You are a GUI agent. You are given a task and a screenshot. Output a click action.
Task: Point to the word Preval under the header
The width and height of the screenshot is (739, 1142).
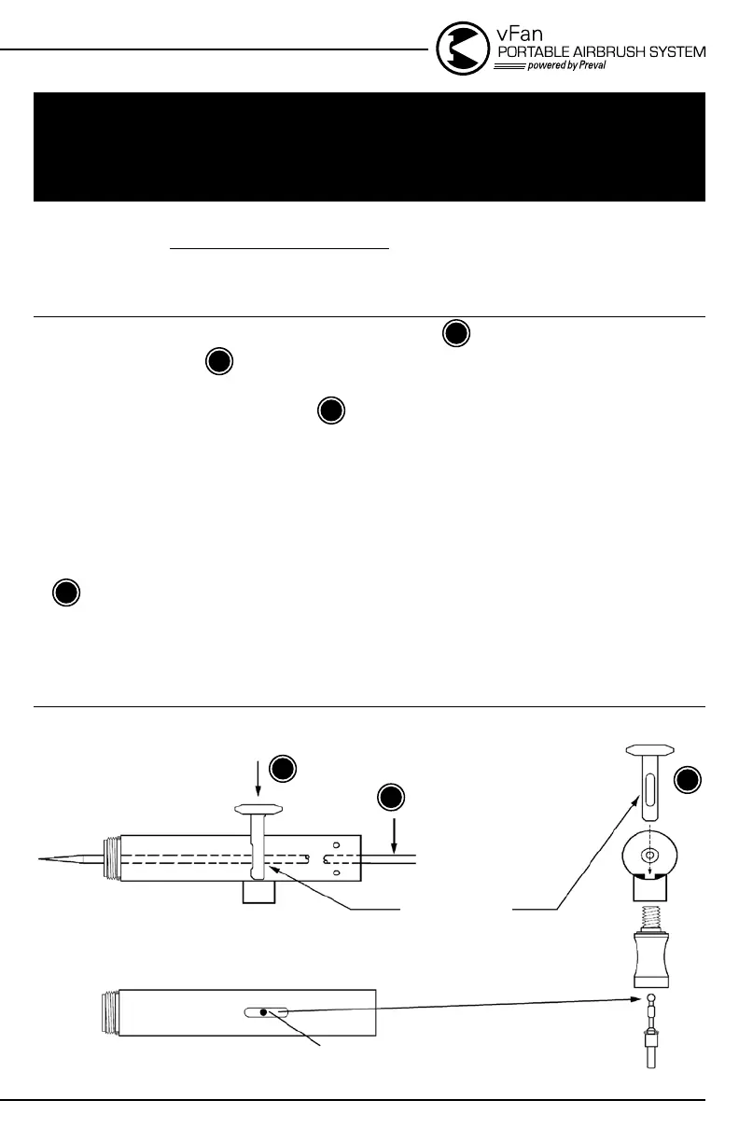587,66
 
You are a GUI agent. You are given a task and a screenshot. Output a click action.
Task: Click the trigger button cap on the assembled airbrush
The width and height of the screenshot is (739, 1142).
258,808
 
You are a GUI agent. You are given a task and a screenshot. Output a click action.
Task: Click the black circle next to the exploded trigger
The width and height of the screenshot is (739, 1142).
688,781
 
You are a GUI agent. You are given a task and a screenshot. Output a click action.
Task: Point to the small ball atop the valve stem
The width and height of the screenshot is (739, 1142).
650,1001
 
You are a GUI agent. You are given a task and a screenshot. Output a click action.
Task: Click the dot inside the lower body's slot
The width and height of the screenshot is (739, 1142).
265,1011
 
